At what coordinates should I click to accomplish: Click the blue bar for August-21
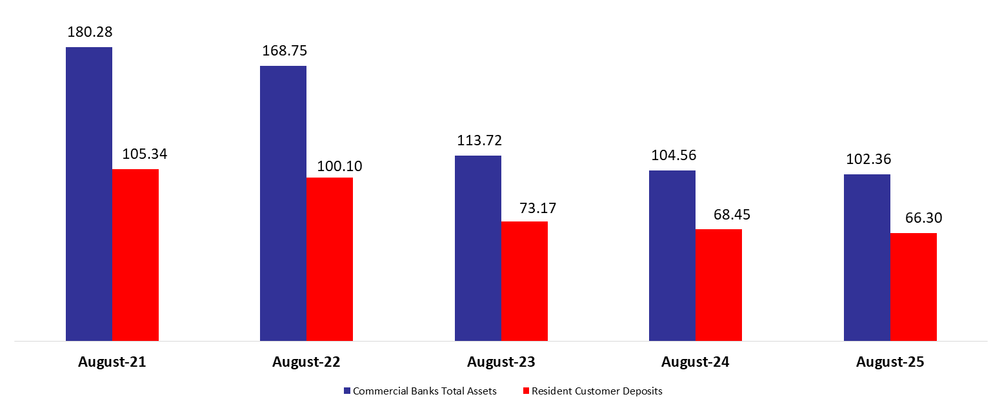[x=89, y=194]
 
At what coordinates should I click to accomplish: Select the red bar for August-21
[x=135, y=254]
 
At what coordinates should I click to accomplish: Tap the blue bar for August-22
[x=283, y=203]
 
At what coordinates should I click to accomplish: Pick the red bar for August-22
[x=330, y=259]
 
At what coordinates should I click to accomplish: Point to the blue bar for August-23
[x=478, y=248]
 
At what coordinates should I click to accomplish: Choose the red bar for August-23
[x=525, y=281]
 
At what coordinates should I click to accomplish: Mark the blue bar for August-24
[x=672, y=255]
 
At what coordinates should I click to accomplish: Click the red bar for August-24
[x=719, y=285]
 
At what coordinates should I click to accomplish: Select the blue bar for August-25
[x=867, y=257]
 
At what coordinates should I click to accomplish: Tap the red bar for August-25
[x=914, y=287]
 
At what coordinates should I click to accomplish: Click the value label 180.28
[x=90, y=32]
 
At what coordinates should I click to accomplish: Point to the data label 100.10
[x=339, y=166]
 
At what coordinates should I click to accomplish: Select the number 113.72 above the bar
[x=479, y=141]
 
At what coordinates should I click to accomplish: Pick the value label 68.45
[x=732, y=214]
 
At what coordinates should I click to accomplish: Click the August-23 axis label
[x=501, y=362]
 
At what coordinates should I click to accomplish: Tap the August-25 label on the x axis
[x=890, y=362]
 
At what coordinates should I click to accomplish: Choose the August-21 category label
[x=112, y=362]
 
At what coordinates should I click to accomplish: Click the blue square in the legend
[x=347, y=391]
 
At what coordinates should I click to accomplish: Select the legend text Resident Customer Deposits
[x=597, y=391]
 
